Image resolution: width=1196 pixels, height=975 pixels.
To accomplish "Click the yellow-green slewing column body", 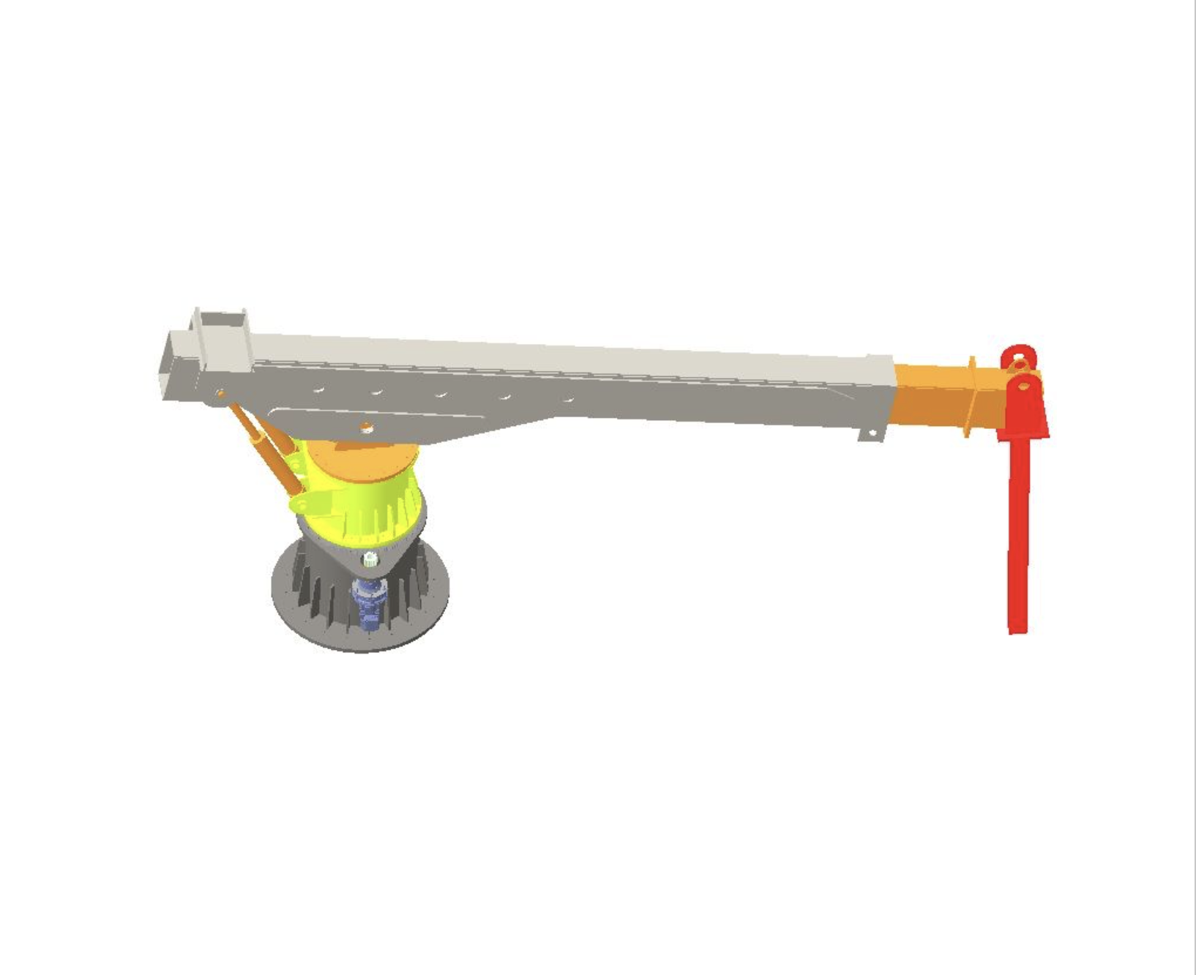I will click(x=366, y=505).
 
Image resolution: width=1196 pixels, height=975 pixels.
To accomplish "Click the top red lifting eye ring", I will click(x=1018, y=358).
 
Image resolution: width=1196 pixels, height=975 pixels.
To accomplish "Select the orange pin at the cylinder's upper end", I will click(x=221, y=395).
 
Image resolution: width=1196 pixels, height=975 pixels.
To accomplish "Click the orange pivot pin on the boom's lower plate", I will click(x=367, y=427).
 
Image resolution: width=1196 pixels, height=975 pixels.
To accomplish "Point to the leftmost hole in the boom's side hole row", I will click(x=319, y=389).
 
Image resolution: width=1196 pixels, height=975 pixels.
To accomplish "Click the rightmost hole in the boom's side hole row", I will click(x=568, y=400).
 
